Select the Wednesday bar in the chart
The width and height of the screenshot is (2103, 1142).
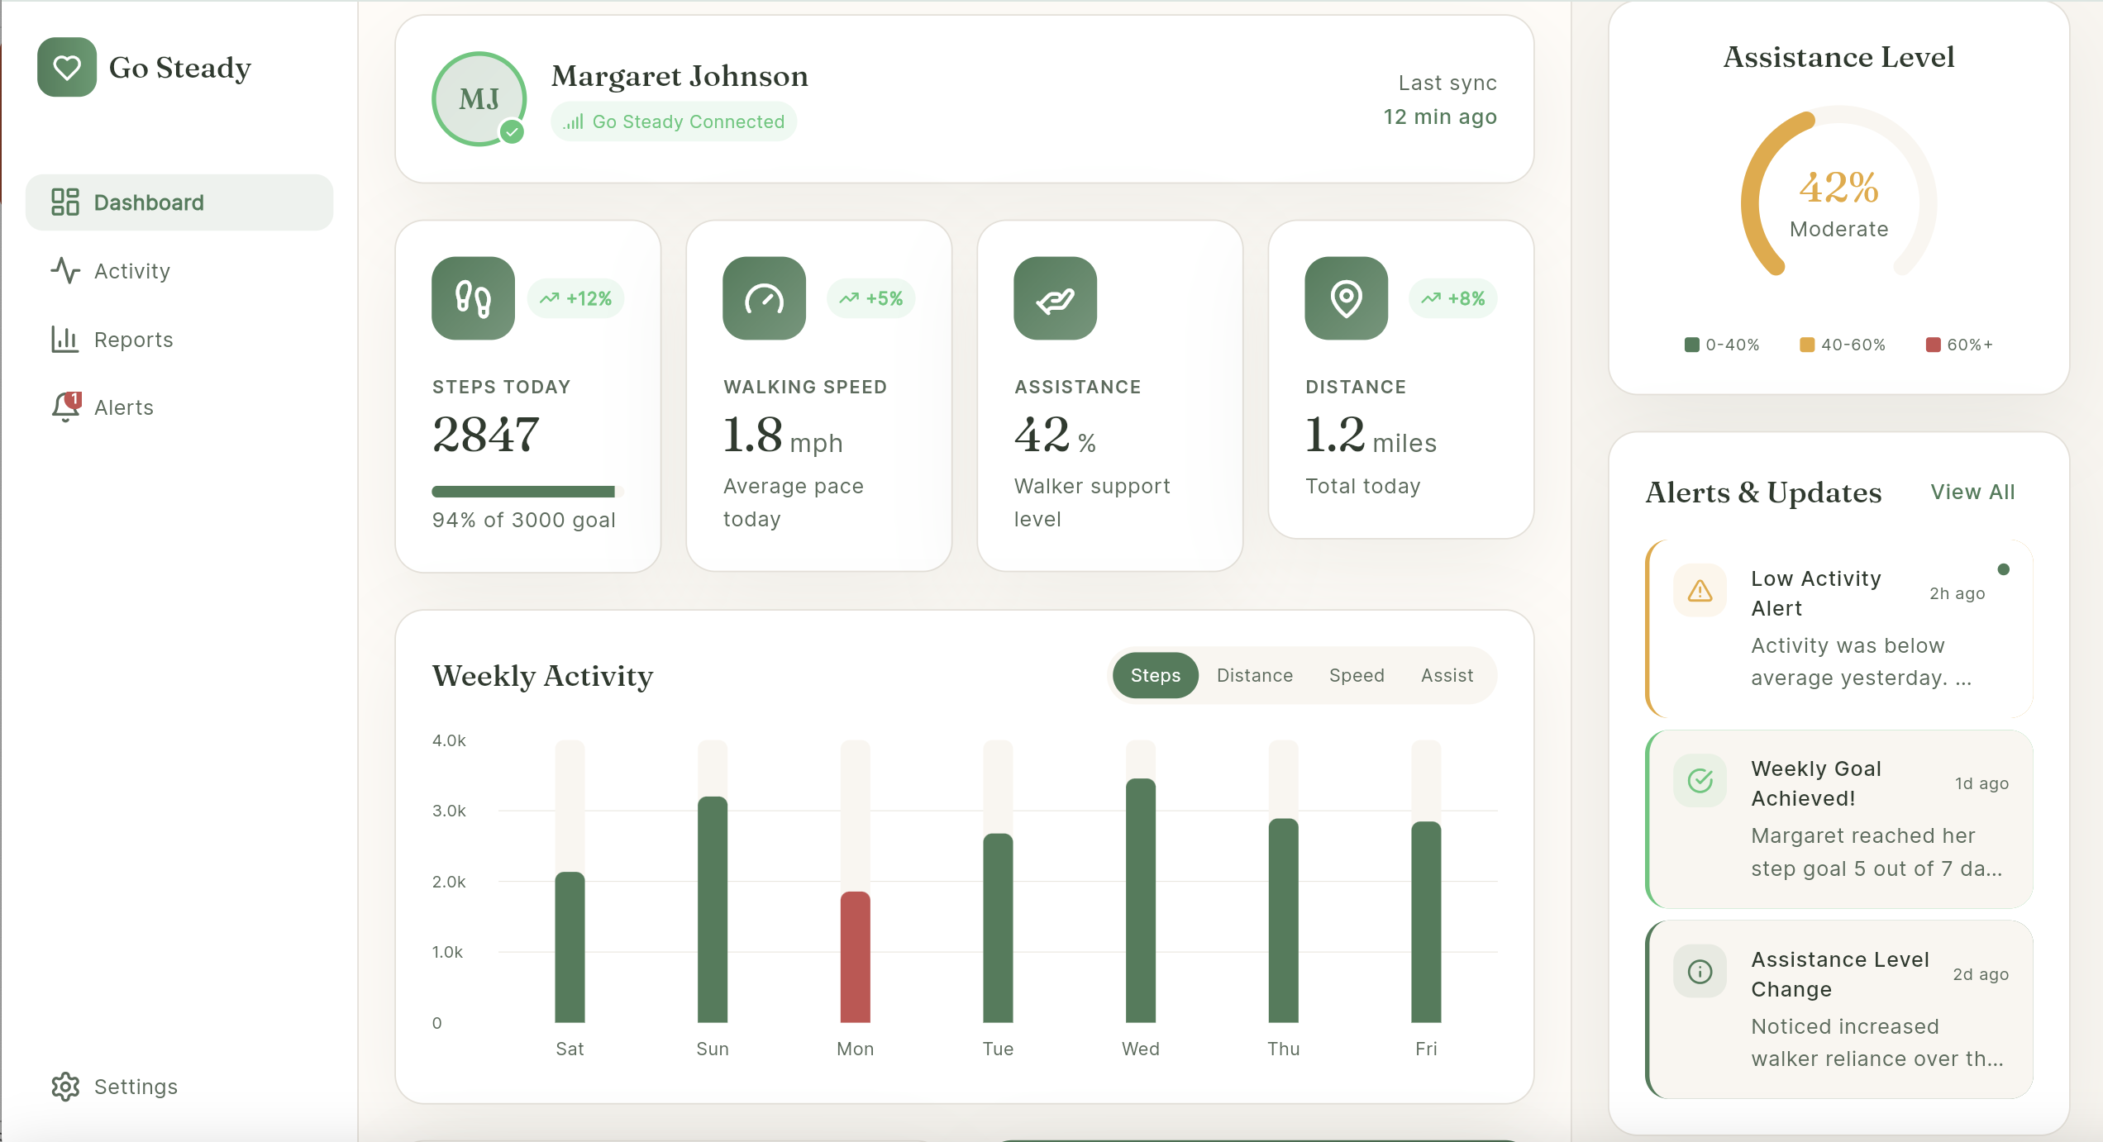point(1140,900)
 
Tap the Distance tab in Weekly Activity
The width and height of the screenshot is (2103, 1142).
point(1254,675)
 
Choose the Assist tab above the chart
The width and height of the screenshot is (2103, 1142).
point(1447,675)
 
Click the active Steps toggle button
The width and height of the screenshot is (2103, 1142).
point(1155,675)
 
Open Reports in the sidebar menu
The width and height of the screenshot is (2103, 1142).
point(132,340)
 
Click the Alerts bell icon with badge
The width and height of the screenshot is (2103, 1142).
point(66,407)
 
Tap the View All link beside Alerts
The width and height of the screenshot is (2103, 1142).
point(1972,492)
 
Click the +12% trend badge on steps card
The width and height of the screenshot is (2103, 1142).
point(576,298)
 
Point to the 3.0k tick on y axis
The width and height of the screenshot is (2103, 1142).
point(449,811)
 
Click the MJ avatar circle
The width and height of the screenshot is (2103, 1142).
point(479,99)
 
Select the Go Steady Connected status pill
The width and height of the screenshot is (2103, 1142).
point(674,121)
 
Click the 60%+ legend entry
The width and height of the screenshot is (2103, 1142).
point(1959,345)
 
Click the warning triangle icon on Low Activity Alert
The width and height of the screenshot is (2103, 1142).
point(1700,591)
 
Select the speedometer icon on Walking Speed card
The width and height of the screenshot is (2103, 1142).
point(764,298)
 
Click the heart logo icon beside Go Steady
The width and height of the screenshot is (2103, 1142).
point(67,67)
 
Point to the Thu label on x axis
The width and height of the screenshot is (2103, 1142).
point(1283,1049)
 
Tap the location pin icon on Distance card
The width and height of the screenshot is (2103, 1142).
point(1346,298)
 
